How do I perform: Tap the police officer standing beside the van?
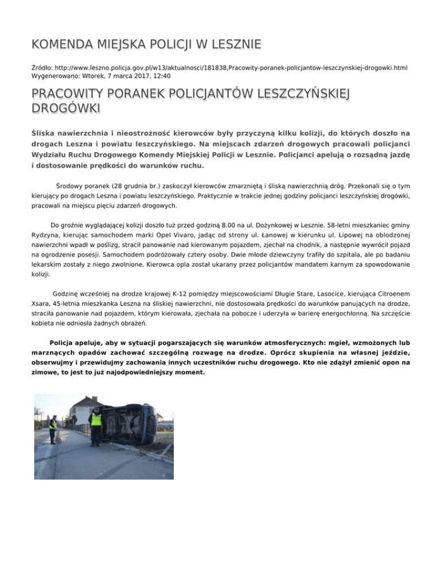96,425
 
